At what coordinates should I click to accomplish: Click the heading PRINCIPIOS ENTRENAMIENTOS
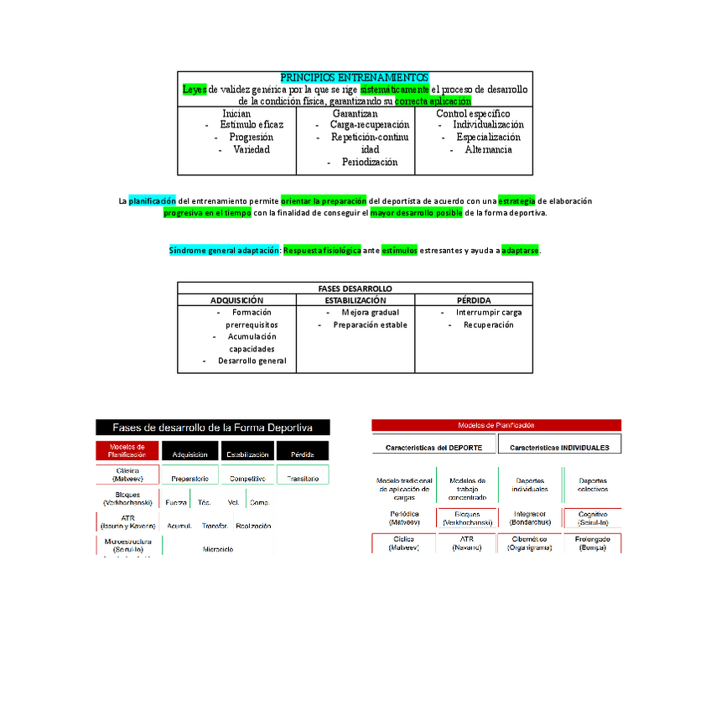pos(354,77)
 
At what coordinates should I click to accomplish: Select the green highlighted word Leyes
pos(194,89)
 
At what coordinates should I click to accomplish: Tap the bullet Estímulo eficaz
pos(252,125)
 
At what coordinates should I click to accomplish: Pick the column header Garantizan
pos(355,113)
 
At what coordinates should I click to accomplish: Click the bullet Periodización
pos(369,162)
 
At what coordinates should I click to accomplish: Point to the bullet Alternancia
pos(488,149)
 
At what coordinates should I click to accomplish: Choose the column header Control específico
pos(473,113)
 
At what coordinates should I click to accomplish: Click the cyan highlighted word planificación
pos(153,201)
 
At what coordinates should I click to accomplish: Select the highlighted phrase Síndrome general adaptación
pos(224,251)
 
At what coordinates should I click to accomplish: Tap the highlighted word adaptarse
pos(520,251)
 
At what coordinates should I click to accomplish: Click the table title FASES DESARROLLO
pos(355,288)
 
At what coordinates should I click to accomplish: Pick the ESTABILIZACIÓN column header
pos(355,300)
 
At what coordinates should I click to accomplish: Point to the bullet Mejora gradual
pos(370,313)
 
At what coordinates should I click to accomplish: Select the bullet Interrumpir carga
pos(488,313)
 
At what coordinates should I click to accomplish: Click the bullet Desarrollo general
pos(252,361)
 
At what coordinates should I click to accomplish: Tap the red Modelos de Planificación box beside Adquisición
pos(127,451)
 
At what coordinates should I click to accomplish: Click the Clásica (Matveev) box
pos(127,475)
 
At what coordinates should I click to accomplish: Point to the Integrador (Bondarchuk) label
pos(530,517)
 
